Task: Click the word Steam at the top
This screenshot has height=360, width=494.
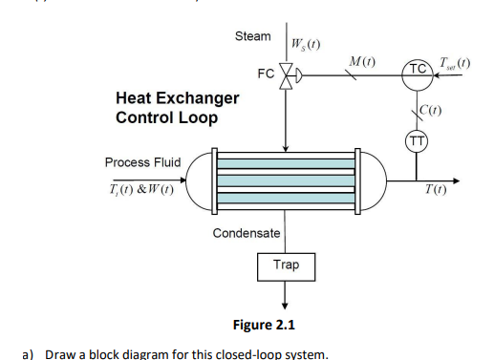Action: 252,35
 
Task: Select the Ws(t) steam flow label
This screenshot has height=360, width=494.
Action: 304,44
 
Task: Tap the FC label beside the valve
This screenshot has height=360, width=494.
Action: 265,74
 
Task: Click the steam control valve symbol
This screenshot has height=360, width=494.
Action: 287,74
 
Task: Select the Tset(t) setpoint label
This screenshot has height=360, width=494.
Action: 456,65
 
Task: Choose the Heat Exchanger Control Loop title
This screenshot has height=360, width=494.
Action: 177,108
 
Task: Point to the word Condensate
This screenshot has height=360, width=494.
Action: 247,233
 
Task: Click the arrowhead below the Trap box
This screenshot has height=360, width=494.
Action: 286,305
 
